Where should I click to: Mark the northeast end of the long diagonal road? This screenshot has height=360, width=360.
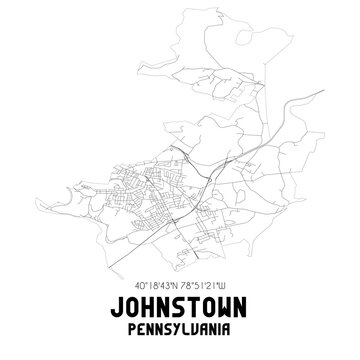[x=322, y=91]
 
